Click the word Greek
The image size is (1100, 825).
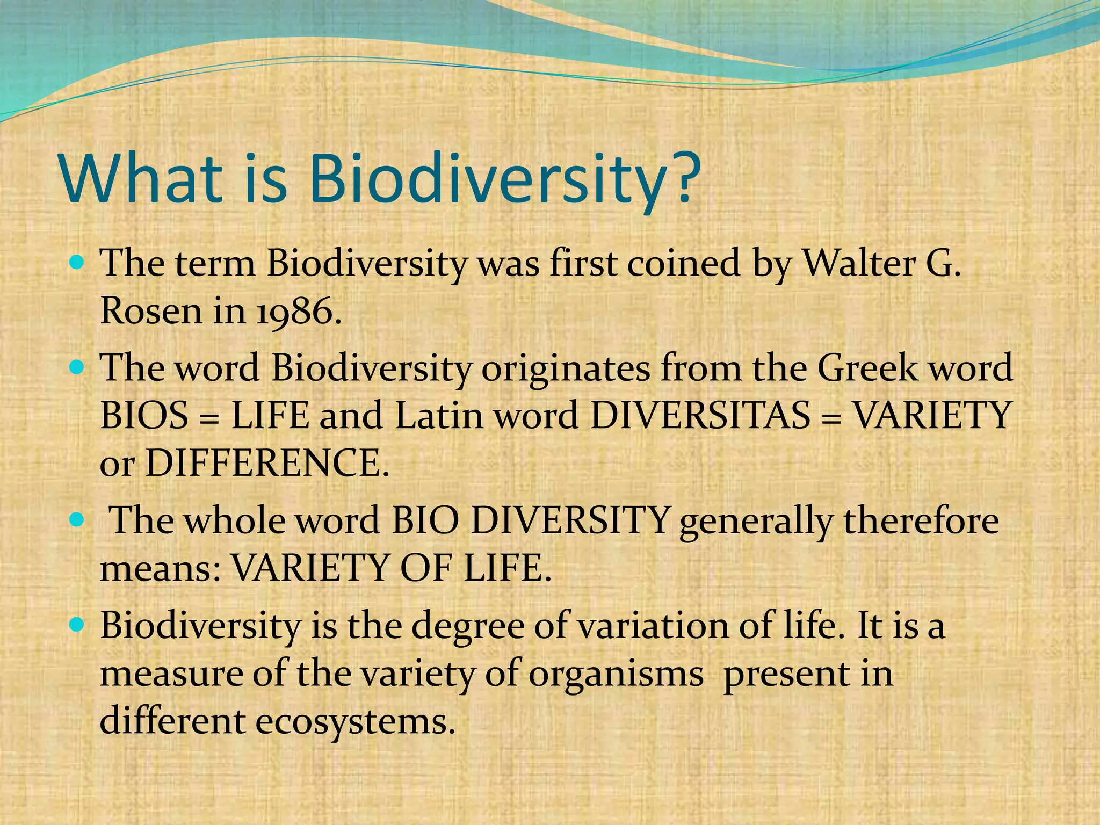[x=868, y=368]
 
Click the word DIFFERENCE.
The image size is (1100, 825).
[x=267, y=464]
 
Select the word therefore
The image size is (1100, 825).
[x=921, y=522]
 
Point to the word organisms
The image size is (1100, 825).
[x=616, y=674]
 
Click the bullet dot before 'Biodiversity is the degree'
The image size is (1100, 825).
[x=78, y=625]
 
